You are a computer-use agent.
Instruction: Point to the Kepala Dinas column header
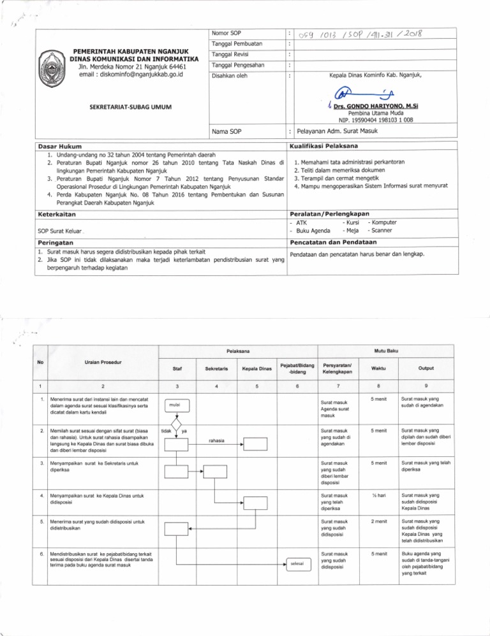256,368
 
